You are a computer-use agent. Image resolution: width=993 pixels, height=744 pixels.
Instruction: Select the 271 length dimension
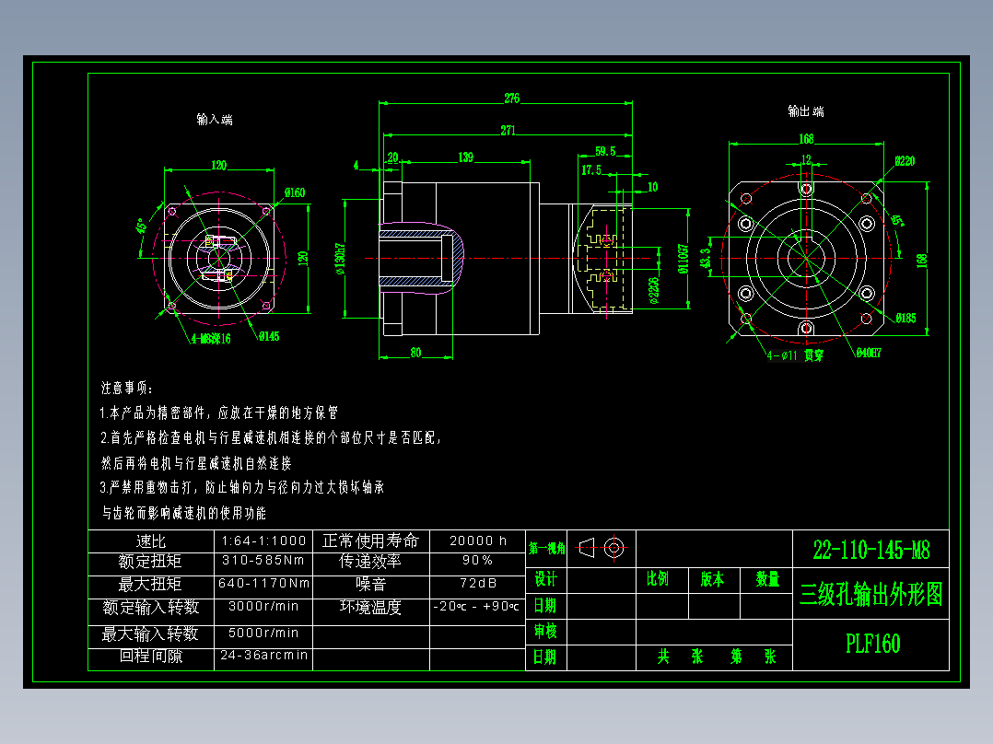click(508, 130)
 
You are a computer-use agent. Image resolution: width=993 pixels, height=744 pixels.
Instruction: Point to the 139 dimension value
click(466, 157)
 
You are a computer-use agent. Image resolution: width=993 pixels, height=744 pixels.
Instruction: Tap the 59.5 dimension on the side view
click(605, 151)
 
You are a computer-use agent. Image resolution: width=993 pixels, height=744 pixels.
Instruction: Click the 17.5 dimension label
click(590, 170)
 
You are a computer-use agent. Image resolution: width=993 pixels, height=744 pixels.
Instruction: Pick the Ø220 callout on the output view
click(905, 160)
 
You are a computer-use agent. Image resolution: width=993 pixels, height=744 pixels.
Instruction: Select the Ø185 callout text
click(905, 319)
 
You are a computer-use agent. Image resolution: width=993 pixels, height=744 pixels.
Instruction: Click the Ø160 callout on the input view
click(295, 192)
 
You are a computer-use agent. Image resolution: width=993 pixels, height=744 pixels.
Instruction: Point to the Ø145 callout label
click(268, 337)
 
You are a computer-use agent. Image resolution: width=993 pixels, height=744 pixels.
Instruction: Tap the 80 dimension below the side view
click(415, 352)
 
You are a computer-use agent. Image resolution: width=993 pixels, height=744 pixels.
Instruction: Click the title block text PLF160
click(872, 644)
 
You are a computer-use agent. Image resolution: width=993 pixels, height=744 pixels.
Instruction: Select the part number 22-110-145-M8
click(871, 551)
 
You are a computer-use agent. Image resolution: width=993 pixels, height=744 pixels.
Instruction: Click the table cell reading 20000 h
click(477, 541)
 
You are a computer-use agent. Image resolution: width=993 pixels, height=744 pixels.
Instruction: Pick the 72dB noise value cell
click(477, 583)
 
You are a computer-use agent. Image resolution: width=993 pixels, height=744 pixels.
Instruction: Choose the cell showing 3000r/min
click(263, 606)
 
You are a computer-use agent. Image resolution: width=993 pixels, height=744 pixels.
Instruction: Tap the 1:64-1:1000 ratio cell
click(263, 541)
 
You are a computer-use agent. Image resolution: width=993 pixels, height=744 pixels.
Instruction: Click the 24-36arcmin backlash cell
click(263, 656)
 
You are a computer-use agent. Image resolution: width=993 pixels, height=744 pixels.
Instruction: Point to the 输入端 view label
click(215, 119)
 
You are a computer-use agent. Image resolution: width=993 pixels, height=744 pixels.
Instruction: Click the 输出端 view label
click(806, 111)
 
